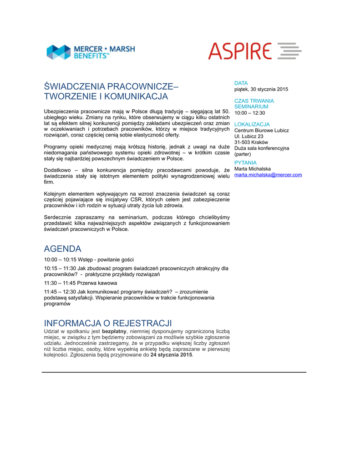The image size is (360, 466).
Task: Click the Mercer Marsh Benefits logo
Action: (x=91, y=51)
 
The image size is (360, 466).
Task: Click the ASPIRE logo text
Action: (x=240, y=51)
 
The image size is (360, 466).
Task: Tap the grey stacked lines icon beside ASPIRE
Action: (x=289, y=51)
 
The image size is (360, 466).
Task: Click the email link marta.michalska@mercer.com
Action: (x=268, y=175)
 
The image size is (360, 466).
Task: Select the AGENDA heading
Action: (x=62, y=249)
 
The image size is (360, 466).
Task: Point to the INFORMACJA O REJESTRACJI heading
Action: (x=108, y=323)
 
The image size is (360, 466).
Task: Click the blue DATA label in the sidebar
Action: (x=241, y=83)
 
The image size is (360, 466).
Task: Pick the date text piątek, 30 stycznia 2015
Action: (x=261, y=89)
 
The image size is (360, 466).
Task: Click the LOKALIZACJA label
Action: (x=252, y=124)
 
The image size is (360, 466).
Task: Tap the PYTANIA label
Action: (x=245, y=162)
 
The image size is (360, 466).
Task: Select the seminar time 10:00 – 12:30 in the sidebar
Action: (x=249, y=113)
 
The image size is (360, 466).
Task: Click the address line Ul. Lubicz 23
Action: (x=248, y=136)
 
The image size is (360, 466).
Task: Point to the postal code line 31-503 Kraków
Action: (x=251, y=142)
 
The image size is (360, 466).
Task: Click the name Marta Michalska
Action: (x=252, y=169)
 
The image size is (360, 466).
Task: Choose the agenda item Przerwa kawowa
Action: (x=96, y=283)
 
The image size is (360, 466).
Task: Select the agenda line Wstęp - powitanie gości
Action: (x=106, y=259)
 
